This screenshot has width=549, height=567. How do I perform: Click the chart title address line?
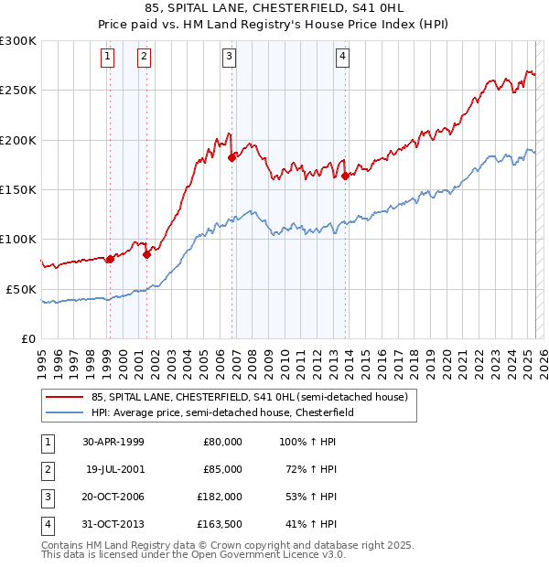coord(274,9)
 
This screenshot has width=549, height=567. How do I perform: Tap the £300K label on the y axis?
coord(18,41)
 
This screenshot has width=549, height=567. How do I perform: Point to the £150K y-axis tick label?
coord(18,189)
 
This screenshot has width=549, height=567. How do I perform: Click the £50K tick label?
coord(21,289)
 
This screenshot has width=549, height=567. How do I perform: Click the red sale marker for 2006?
coord(232,157)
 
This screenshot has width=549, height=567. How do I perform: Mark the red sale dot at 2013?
coord(345,176)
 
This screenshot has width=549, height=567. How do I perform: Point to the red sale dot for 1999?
coord(110,259)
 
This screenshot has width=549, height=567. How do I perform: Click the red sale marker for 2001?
coord(146,254)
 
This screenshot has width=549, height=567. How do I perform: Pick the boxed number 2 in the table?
coord(47,468)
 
